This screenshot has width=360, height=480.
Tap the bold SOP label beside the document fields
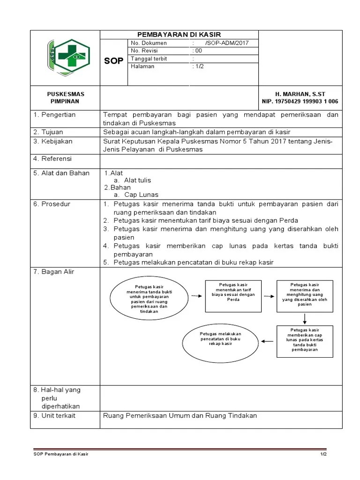tap(114, 62)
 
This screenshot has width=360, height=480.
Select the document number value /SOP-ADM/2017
tap(226, 43)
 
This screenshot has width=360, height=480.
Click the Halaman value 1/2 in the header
tap(199, 67)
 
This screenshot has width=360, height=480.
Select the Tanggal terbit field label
tap(149, 59)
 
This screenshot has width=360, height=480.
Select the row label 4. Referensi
tap(54, 159)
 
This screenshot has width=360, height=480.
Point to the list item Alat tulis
tap(137, 180)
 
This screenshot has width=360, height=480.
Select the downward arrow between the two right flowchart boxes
tap(305, 318)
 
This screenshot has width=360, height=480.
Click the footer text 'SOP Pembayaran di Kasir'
tap(61, 455)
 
